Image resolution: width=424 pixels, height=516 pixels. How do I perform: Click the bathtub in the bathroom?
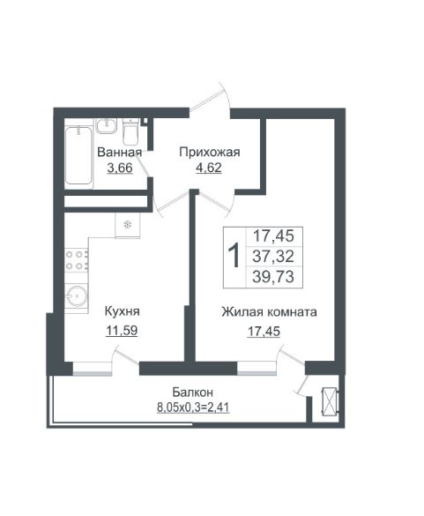78,155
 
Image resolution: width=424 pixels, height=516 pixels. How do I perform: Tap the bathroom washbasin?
107,126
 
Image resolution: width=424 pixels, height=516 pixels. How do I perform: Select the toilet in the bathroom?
130,132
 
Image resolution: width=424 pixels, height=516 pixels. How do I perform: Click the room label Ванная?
120,153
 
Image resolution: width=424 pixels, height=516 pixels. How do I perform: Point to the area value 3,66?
120,168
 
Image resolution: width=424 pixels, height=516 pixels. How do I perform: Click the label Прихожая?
210,153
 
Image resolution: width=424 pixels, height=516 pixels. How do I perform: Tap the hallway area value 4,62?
209,168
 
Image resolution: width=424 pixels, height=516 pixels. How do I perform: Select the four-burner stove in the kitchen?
77,260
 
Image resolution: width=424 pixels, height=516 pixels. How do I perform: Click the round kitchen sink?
77,295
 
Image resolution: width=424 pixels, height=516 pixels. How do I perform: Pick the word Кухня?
122,311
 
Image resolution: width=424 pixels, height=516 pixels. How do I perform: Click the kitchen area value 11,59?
122,331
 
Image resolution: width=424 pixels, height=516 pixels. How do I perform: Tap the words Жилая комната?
269,311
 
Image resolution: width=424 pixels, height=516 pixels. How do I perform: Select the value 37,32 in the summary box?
273,256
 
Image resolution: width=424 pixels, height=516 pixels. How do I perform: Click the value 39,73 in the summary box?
273,276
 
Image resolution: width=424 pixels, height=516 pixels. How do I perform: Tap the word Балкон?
193,393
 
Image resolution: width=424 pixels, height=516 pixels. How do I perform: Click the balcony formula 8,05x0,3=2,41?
193,408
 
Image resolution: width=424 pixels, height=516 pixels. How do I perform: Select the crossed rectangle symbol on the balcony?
330,402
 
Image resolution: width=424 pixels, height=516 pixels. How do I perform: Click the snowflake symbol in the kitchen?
128,225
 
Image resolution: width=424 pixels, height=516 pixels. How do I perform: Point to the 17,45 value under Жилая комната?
264,331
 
